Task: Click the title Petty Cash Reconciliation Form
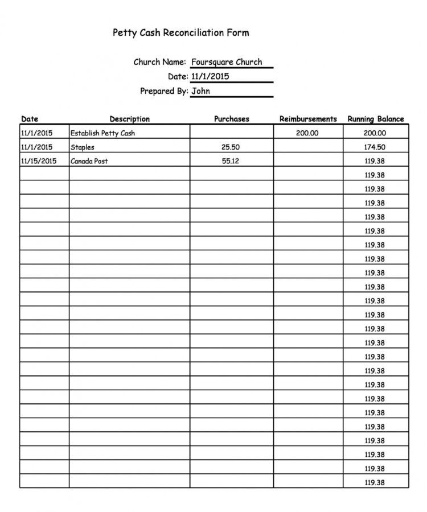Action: point(181,33)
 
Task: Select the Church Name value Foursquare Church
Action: point(227,62)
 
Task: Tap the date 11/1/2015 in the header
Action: point(210,76)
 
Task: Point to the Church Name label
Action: point(159,62)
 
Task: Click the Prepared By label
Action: point(164,90)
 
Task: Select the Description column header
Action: point(130,119)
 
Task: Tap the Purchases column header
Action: point(231,119)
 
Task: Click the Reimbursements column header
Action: point(308,119)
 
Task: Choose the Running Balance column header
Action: point(376,119)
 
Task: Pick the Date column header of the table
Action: point(30,119)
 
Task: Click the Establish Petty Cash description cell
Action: point(102,133)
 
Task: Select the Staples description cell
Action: point(83,147)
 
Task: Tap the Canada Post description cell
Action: point(89,161)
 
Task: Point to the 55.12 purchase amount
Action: point(230,161)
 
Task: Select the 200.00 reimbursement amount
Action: point(307,133)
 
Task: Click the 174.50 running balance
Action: point(375,147)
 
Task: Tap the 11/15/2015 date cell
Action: point(39,161)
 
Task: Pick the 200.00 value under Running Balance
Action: point(375,133)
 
